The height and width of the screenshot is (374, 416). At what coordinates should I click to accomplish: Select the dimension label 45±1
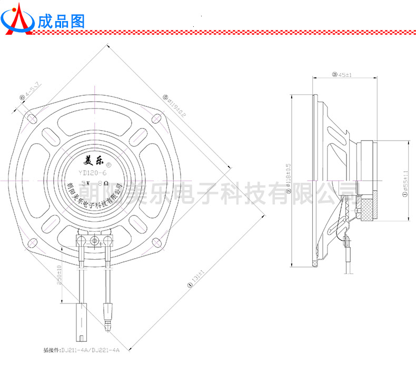point(345,75)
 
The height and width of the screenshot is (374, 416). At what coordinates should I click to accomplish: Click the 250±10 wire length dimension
point(60,274)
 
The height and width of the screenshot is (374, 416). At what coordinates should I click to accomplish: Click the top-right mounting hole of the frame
point(156,117)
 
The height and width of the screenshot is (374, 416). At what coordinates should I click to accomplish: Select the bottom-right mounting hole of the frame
point(156,242)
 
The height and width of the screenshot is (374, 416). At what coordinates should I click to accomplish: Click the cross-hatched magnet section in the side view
point(364,210)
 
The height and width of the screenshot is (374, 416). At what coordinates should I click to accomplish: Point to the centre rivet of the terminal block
point(95,241)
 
